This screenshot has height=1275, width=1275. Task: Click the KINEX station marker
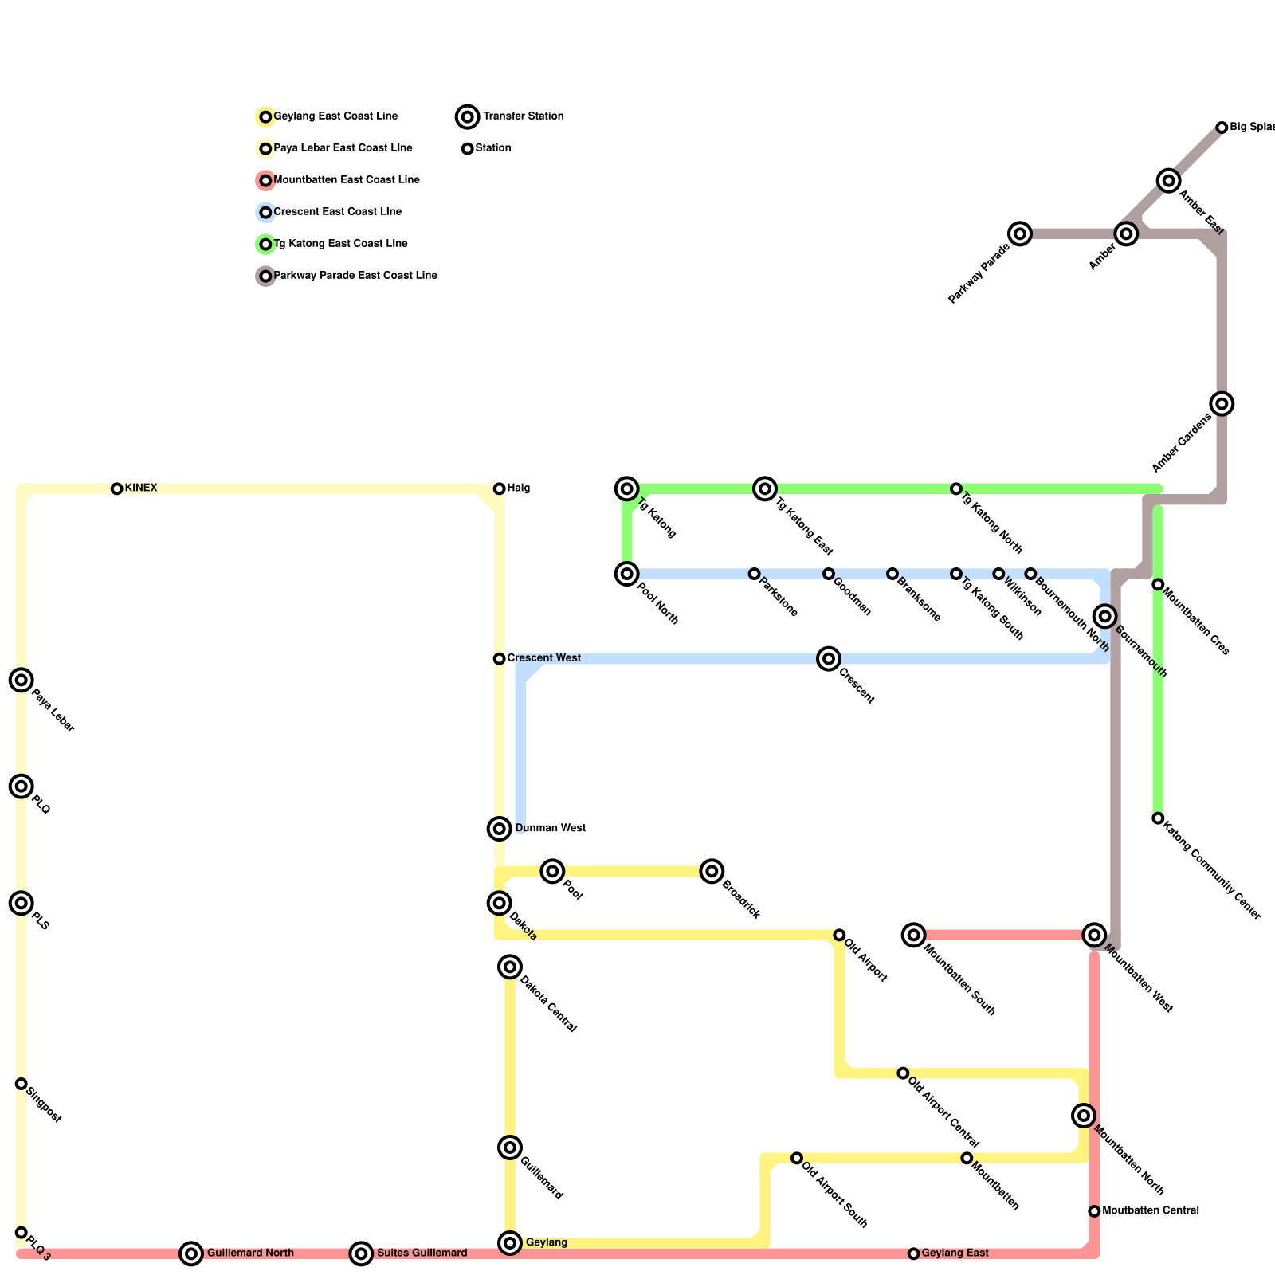click(x=117, y=488)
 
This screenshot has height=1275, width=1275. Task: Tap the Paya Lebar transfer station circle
click(x=22, y=680)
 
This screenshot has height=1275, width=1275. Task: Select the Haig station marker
click(x=500, y=488)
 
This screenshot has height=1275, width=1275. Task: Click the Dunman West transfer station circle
click(x=500, y=829)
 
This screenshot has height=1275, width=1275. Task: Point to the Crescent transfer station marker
click(x=829, y=658)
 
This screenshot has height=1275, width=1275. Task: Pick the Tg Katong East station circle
click(x=765, y=488)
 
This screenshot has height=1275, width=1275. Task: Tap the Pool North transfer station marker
click(x=627, y=574)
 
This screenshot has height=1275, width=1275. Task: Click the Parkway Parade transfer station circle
click(x=1020, y=233)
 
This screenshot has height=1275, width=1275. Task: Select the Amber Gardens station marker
click(x=1222, y=403)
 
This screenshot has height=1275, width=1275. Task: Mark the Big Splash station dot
click(x=1222, y=127)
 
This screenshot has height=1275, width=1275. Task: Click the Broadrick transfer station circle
click(x=712, y=871)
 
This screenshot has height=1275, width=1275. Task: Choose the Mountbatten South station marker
click(x=914, y=935)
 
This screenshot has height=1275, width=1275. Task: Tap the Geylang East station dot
click(x=914, y=1253)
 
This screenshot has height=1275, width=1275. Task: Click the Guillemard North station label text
click(x=250, y=1253)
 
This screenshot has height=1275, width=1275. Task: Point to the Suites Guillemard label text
click(x=422, y=1253)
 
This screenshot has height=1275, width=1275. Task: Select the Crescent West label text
click(x=544, y=658)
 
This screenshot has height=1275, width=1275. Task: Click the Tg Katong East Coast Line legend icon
click(x=265, y=244)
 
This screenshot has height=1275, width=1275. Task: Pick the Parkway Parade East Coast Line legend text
click(x=355, y=276)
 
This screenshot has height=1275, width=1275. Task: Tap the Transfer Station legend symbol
click(x=468, y=116)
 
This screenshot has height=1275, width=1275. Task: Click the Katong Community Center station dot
click(x=1158, y=818)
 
